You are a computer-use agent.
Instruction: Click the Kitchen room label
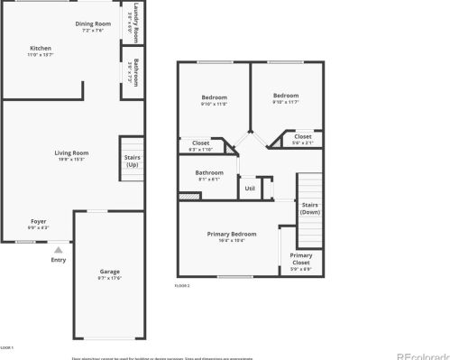click(41, 49)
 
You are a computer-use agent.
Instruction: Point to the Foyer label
click(39, 220)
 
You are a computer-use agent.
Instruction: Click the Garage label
click(109, 271)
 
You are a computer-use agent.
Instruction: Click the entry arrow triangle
click(58, 249)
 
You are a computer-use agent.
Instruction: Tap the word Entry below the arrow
click(58, 260)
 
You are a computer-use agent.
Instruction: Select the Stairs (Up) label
click(132, 161)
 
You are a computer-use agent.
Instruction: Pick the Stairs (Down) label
click(309, 208)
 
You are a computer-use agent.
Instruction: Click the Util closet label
click(250, 189)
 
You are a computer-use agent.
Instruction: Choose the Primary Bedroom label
click(232, 234)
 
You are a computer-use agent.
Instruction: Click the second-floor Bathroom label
click(209, 172)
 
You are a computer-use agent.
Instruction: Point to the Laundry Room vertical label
click(134, 17)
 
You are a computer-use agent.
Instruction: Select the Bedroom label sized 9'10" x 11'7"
click(286, 95)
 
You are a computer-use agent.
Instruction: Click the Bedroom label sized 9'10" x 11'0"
click(214, 97)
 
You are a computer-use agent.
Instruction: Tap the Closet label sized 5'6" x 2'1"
click(302, 136)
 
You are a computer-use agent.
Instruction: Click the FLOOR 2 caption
click(182, 285)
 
